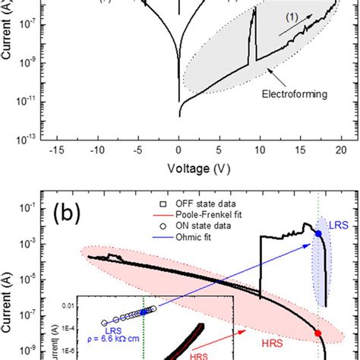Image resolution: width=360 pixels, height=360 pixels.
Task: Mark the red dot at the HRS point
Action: point(318,333)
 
